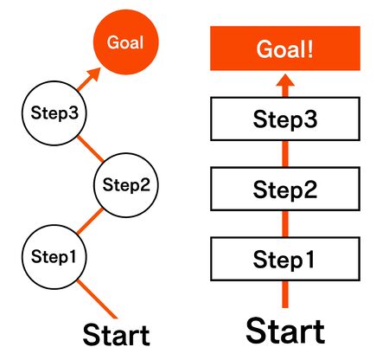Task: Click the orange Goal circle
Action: tap(125, 42)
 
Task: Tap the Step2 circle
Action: tap(125, 183)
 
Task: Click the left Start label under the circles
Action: tap(116, 336)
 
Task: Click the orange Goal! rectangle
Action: tap(285, 48)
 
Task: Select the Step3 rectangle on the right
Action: tap(285, 119)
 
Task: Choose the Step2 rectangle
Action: tap(285, 188)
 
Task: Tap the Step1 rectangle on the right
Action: tap(285, 258)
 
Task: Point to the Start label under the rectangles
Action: tap(285, 332)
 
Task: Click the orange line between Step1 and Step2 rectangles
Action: tap(285, 223)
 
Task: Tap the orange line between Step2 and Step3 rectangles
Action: tap(285, 153)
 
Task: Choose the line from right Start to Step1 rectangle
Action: tap(285, 294)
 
